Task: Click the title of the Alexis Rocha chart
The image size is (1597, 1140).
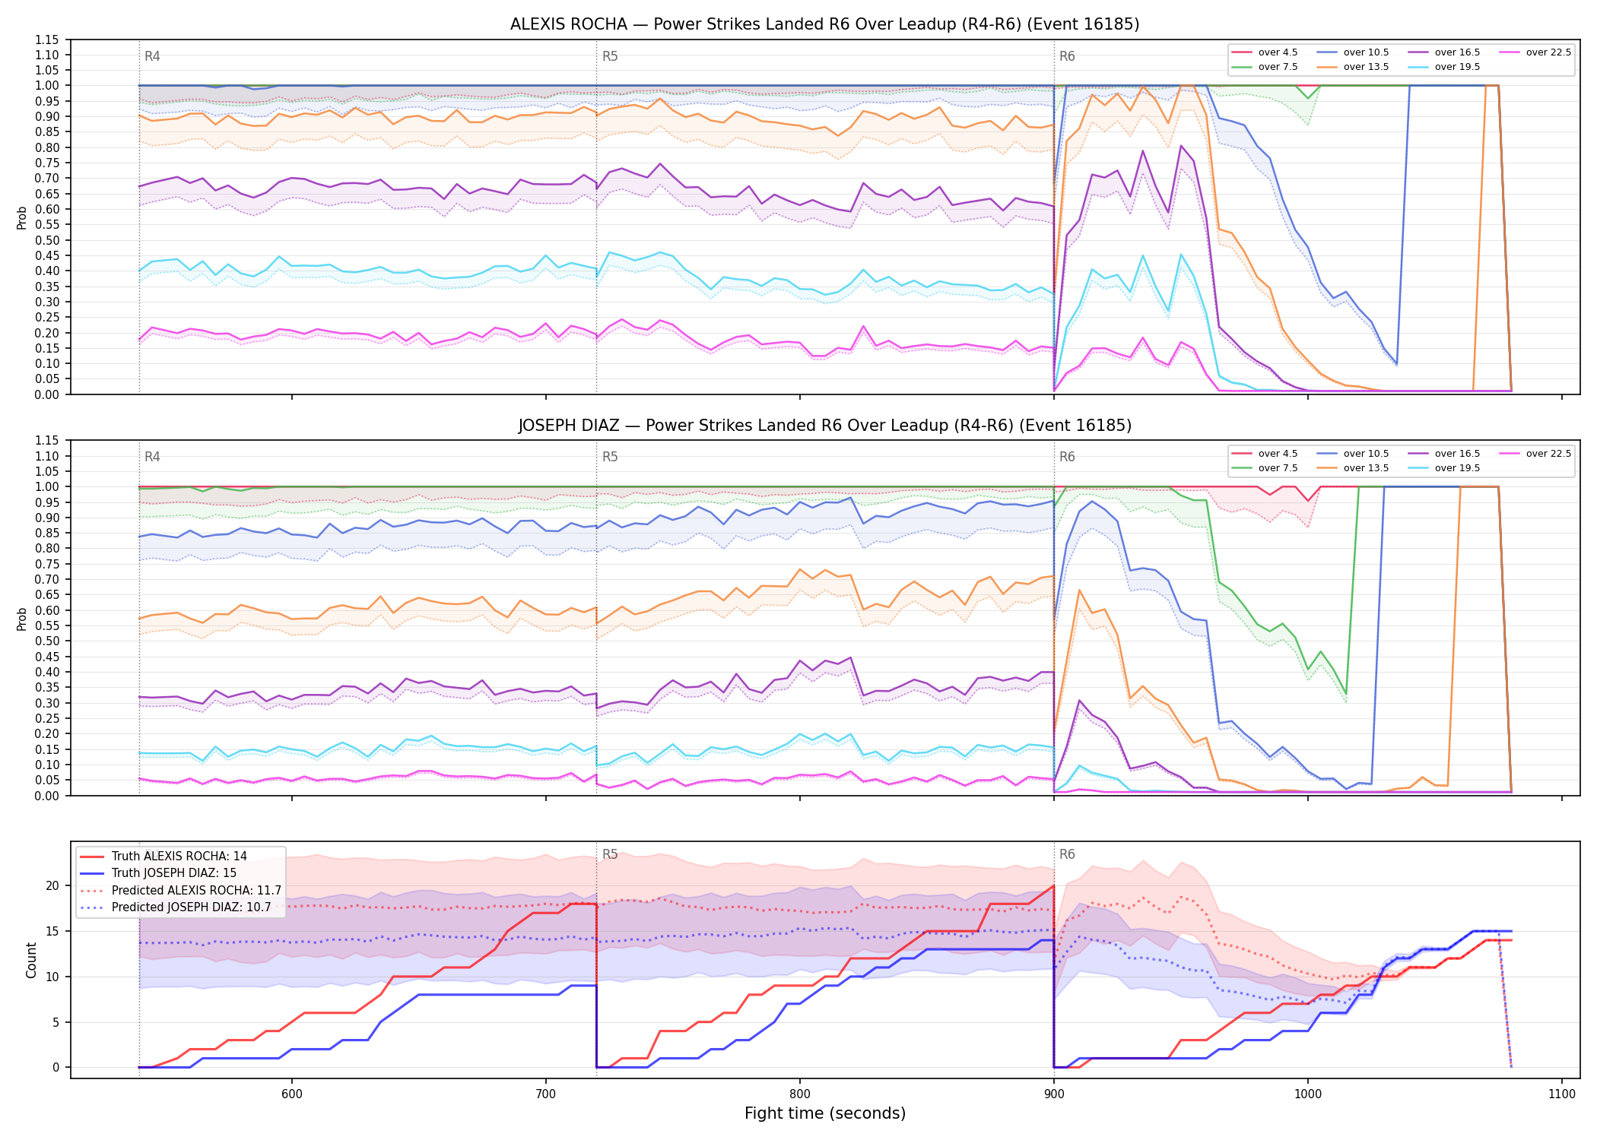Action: tap(824, 24)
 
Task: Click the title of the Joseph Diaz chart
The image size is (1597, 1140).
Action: tap(824, 426)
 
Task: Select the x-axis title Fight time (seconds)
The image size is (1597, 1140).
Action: tap(825, 1113)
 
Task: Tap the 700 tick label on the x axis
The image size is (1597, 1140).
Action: tap(545, 1094)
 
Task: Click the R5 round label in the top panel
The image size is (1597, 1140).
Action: tap(610, 56)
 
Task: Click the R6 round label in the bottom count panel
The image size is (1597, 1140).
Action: tap(1067, 854)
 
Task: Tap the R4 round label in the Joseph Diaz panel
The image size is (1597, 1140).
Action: tap(152, 457)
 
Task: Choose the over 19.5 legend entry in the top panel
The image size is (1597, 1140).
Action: tap(1444, 67)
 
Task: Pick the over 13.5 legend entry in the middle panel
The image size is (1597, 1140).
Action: tap(1353, 468)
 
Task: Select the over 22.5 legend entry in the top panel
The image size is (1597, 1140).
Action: tap(1535, 52)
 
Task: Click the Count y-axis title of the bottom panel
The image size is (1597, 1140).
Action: tap(31, 960)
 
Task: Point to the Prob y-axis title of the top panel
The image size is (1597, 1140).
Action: tap(22, 218)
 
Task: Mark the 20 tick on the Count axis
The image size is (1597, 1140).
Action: tap(52, 885)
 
